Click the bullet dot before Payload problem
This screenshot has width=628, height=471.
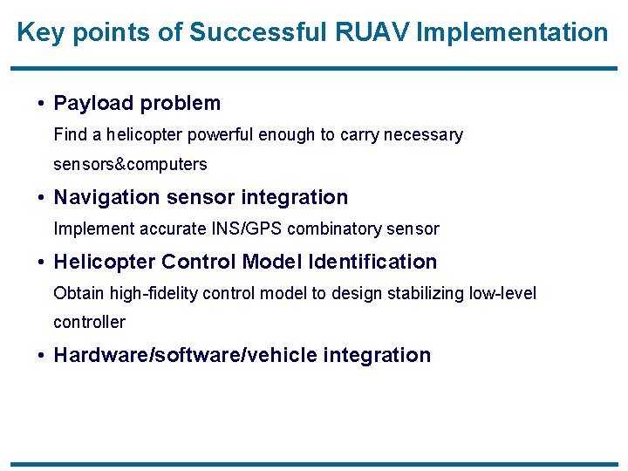(x=42, y=104)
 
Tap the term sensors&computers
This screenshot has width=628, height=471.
(x=130, y=164)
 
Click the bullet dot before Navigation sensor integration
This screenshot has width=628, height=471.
(x=42, y=198)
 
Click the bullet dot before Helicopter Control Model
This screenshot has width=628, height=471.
(x=42, y=263)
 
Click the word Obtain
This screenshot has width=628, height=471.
(x=76, y=293)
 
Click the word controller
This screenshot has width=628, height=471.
(x=89, y=322)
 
